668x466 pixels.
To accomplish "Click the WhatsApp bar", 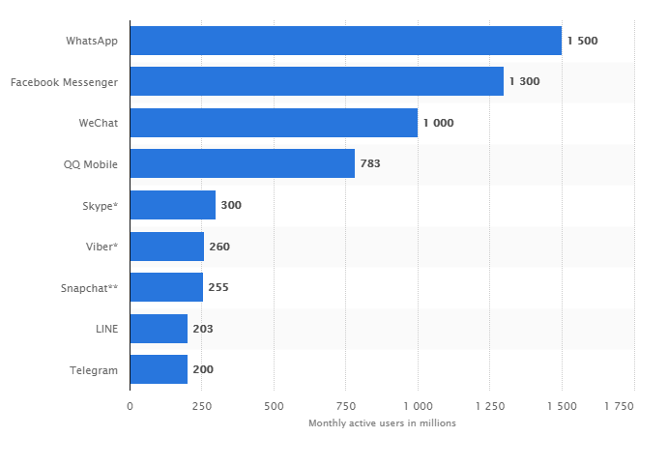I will tap(345, 41).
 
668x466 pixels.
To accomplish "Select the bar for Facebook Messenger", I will tap(316, 81).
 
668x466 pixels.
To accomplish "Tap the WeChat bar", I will tap(274, 123).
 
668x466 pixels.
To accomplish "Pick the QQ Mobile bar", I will tap(242, 163).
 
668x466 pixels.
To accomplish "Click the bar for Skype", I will tap(172, 205).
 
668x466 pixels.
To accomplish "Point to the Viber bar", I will tap(166, 247).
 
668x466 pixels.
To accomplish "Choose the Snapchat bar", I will tap(166, 287).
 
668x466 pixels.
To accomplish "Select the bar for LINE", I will tap(159, 329).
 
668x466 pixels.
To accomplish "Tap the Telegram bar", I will tap(159, 369).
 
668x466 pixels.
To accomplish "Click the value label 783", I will tap(370, 163).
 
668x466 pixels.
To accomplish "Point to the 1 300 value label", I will tap(524, 81).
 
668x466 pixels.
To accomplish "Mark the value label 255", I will tap(218, 287).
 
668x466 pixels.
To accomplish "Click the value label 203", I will tap(203, 329).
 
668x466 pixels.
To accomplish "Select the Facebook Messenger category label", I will tap(64, 82).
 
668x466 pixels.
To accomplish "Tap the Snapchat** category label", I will tap(89, 288).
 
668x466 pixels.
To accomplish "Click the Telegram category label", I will tap(94, 370).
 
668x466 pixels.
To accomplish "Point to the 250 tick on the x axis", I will tap(201, 406).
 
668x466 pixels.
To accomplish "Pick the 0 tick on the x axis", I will tap(130, 406).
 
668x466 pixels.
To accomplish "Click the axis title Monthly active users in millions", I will tap(382, 423).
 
